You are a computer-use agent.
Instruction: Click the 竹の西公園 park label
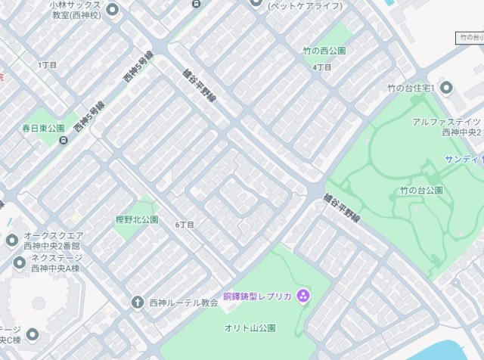324,51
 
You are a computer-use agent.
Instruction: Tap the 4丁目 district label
322,67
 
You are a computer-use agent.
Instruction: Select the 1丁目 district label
48,65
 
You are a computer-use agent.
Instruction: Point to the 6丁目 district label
185,225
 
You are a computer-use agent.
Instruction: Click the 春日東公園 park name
44,129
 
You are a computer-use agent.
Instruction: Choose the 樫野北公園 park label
137,219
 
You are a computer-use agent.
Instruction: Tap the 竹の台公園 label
421,189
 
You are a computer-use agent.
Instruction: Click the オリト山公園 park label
250,328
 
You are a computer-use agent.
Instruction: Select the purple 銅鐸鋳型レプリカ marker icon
303,295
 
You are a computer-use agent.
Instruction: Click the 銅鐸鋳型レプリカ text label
257,295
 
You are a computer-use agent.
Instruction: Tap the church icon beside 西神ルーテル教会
137,303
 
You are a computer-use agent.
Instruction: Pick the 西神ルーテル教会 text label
184,303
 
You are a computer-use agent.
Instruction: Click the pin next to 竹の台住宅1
445,88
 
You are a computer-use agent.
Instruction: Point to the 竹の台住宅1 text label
411,88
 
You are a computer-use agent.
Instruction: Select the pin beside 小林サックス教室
113,10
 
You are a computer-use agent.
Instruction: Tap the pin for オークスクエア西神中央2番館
11,241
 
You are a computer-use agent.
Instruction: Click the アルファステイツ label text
447,122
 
